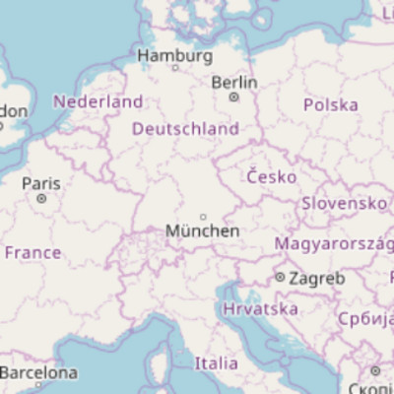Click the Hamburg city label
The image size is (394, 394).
(175, 55)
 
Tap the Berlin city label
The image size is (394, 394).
(234, 83)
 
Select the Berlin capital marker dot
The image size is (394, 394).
(233, 98)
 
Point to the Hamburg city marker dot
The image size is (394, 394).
(175, 68)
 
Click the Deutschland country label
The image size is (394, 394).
(185, 129)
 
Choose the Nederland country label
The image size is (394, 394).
(98, 101)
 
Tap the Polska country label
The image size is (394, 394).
(331, 104)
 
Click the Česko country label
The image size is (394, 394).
(272, 177)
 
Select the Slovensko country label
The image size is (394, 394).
(345, 203)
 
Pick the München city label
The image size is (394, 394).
(203, 230)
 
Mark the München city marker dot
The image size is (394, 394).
(203, 217)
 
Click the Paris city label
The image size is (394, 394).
(41, 183)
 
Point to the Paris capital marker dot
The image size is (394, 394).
(41, 198)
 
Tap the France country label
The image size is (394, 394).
(33, 253)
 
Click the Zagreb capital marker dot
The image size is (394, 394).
(281, 279)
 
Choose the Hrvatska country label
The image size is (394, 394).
(261, 309)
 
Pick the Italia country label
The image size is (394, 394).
(216, 362)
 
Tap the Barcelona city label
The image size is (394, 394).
(38, 373)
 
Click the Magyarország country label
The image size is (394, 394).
(334, 243)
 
